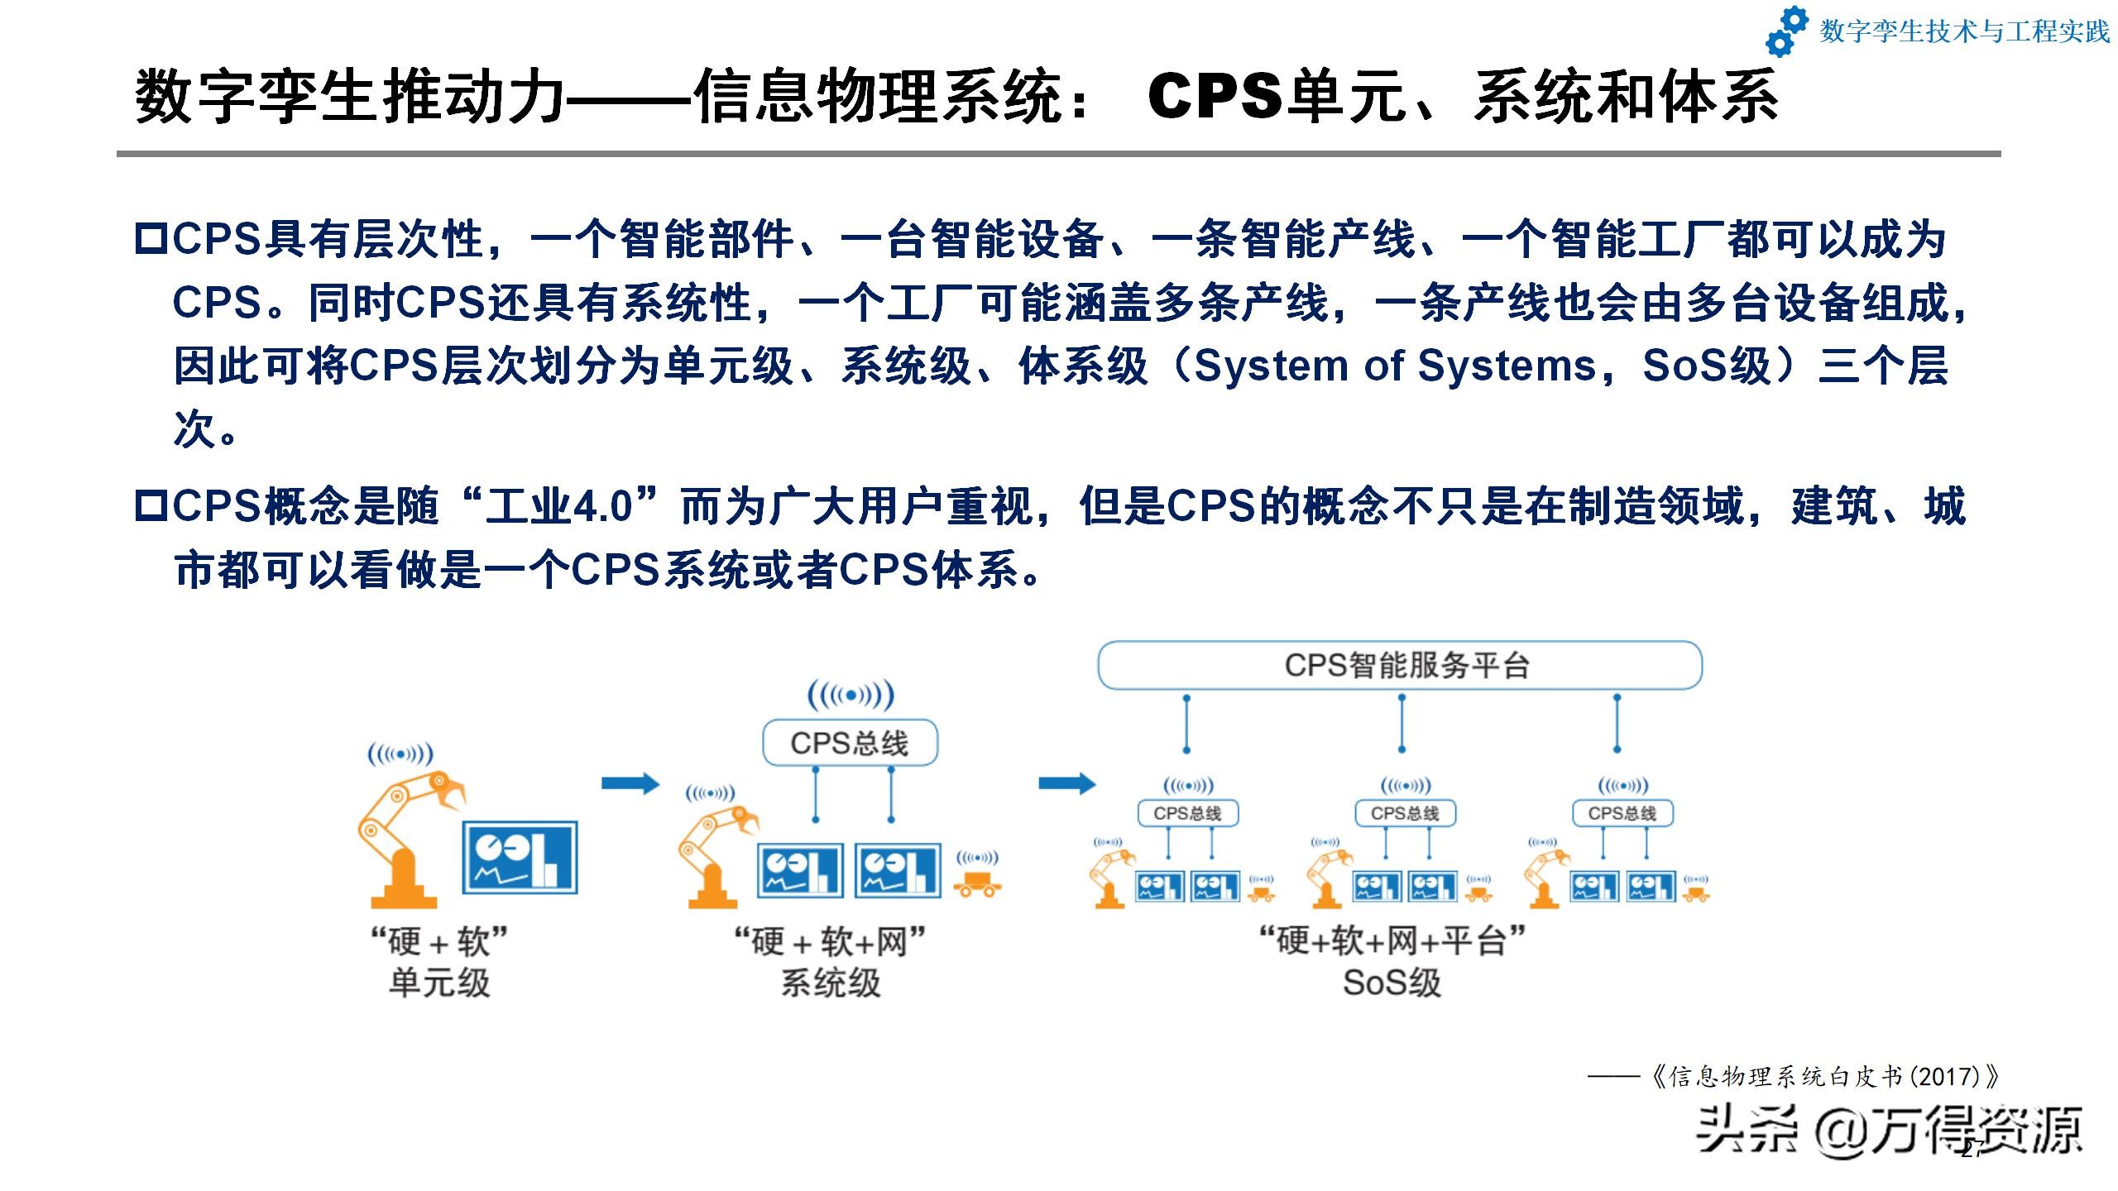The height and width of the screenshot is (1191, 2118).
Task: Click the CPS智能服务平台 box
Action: point(1400,665)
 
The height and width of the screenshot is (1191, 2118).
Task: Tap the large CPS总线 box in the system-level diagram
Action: point(850,742)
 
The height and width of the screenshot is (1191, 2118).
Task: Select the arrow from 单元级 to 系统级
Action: point(630,783)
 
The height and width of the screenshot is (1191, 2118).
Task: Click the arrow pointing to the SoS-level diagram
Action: point(1067,783)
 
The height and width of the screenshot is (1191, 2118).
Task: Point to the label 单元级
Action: point(439,983)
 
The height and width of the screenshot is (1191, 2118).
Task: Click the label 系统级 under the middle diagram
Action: point(831,983)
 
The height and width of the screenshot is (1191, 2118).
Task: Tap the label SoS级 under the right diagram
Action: point(1392,983)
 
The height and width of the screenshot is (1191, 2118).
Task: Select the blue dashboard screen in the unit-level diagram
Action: point(520,857)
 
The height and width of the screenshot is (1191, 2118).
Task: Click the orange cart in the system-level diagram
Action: point(978,885)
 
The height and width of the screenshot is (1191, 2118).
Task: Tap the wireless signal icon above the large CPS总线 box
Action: point(851,695)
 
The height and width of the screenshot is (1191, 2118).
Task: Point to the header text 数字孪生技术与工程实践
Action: point(1964,31)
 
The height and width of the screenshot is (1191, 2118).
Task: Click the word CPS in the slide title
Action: point(1215,96)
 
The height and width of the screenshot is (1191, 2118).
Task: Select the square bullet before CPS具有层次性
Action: point(151,239)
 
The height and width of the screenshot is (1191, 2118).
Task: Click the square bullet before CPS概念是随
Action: point(151,506)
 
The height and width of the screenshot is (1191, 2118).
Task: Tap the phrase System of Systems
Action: point(1395,366)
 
